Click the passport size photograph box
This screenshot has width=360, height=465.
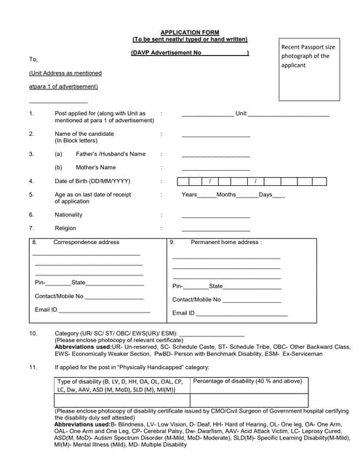point(309,69)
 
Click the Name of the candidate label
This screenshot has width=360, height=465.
point(84,134)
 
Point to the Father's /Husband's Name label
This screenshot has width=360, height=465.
point(111,154)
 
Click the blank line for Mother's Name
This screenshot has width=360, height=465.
point(215,169)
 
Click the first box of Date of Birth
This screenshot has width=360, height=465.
point(183,181)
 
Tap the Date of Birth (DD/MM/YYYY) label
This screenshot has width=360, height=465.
point(92,181)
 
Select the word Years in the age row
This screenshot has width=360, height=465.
point(189,195)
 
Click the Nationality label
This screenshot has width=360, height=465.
point(69,214)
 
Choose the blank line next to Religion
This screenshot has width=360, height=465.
point(215,230)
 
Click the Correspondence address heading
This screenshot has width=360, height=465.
point(86,242)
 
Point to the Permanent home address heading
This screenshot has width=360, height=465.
point(226,242)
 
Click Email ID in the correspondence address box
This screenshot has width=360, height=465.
point(46,310)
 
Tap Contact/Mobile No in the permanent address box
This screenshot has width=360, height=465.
point(196,299)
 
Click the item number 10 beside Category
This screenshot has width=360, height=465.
point(33,333)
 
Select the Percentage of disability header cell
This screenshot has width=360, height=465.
point(247,381)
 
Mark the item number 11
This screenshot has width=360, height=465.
point(33,368)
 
